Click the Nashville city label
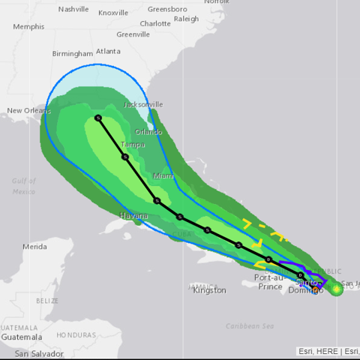point(73,9)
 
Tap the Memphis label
point(28,26)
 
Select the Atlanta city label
point(108,51)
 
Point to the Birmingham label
point(73,53)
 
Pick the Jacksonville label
point(142,104)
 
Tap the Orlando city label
point(148,132)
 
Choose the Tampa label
point(133,144)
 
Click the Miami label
point(163,175)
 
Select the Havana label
point(133,216)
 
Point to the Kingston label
point(209,290)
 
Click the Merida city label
point(34,246)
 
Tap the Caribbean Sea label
point(250,325)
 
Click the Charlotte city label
point(155,23)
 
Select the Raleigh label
point(186,18)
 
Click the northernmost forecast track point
point(98,118)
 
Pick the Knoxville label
point(113,13)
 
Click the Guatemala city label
point(21,337)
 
